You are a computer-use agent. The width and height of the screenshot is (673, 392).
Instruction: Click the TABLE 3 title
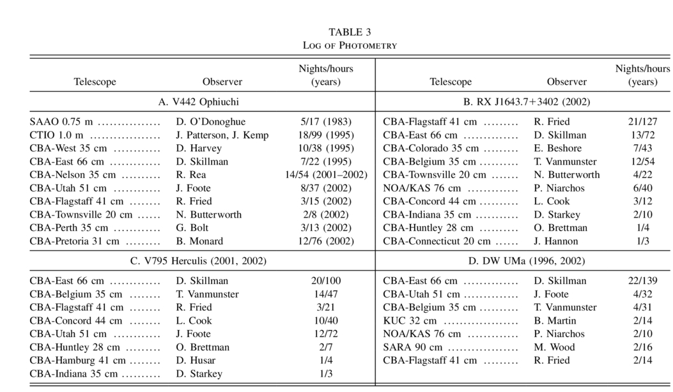350,32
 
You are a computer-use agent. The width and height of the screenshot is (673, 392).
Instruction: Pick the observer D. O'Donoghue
210,121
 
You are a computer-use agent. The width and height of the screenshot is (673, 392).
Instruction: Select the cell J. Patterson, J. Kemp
222,135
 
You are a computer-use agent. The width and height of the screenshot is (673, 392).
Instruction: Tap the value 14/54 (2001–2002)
326,175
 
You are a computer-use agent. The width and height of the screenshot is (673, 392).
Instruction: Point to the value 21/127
640,121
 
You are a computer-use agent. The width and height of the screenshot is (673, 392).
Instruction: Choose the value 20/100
325,281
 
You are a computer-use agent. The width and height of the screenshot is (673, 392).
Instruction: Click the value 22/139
640,281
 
